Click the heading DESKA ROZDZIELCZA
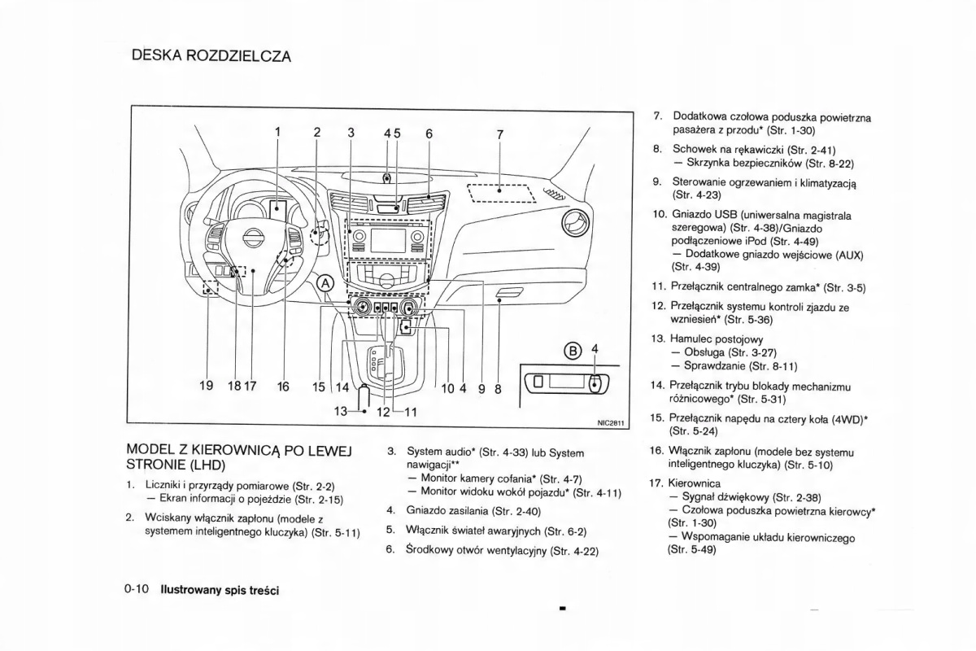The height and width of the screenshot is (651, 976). tap(211, 56)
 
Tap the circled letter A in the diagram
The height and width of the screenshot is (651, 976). tap(325, 283)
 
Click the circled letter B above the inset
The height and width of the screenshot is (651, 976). tap(573, 352)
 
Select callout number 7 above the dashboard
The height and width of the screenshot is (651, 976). tap(500, 134)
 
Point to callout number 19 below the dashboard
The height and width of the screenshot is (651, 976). tap(207, 387)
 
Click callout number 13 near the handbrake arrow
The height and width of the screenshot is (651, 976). tap(342, 411)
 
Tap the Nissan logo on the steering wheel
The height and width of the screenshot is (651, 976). tap(254, 239)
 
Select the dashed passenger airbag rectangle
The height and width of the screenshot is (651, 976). tap(500, 193)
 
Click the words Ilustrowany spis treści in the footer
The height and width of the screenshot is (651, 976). tap(220, 590)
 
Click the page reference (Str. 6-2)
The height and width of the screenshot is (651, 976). tap(564, 531)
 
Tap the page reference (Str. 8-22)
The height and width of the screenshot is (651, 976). tap(825, 164)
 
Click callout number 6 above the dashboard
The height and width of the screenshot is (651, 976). tap(429, 134)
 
